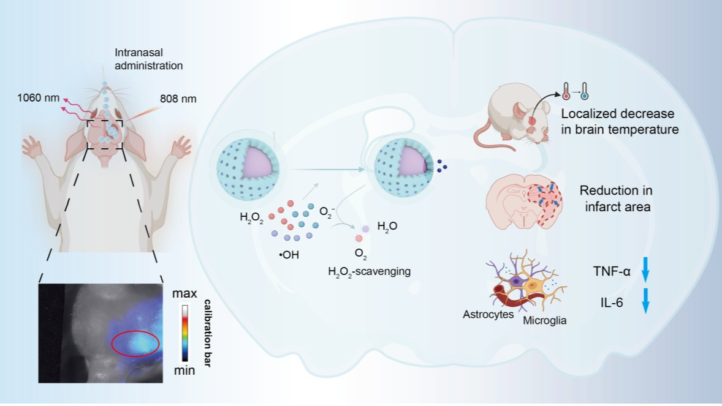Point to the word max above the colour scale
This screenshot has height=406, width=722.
coord(184,294)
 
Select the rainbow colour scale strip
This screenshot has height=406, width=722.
coord(184,333)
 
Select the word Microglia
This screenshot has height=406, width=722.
coord(544,320)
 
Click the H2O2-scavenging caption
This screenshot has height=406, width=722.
coord(368,270)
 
